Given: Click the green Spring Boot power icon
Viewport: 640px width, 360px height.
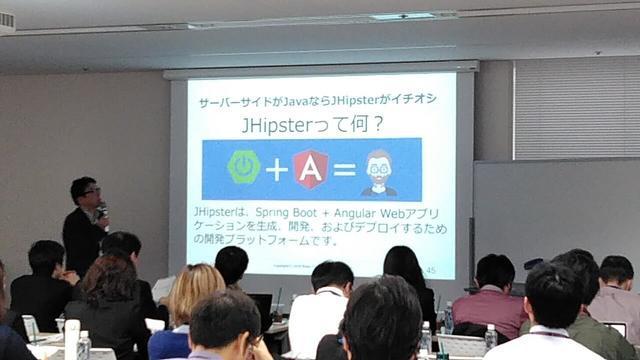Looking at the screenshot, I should (x=243, y=166).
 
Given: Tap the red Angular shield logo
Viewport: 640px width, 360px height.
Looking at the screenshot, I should (x=311, y=169).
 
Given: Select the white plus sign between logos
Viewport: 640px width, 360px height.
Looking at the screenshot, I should (x=277, y=170).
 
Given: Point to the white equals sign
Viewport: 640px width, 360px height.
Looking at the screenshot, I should (x=345, y=170).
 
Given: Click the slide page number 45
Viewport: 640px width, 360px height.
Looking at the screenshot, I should (x=430, y=270).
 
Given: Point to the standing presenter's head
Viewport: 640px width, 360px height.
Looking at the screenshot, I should (x=84, y=190).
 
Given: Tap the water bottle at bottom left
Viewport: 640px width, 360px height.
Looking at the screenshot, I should (x=84, y=344).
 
